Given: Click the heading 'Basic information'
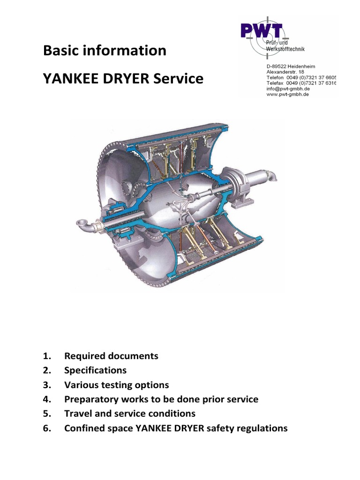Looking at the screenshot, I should (105, 50).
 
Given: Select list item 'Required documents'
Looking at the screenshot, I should (111, 356).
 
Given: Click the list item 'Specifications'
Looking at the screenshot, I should (95, 370).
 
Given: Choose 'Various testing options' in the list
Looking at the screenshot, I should (116, 385).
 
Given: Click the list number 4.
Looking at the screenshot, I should (46, 399).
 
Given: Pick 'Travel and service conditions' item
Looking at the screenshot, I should (129, 414).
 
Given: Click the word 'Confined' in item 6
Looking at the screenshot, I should (83, 428).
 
